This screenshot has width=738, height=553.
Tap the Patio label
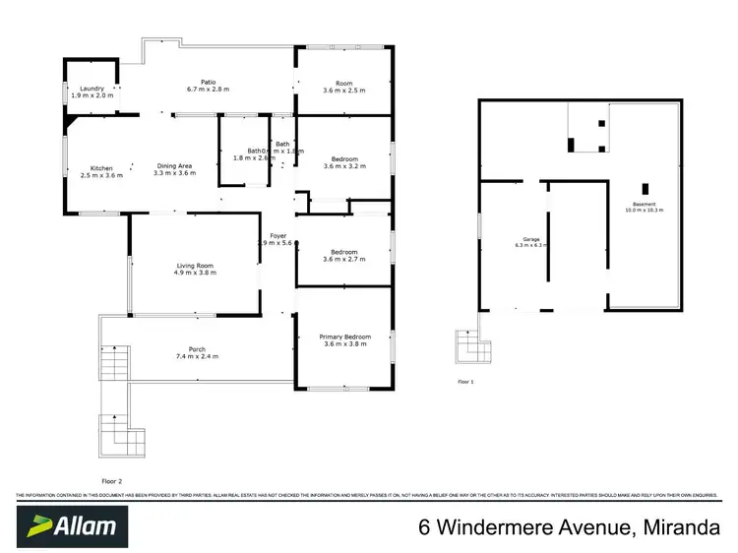pyautogui.click(x=208, y=81)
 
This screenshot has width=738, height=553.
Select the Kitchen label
pyautogui.click(x=101, y=167)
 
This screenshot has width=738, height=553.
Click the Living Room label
pyautogui.click(x=195, y=265)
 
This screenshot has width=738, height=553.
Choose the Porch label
pyautogui.click(x=197, y=349)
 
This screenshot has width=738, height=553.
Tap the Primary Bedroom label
pyautogui.click(x=343, y=337)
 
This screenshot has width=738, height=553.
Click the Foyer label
pyautogui.click(x=278, y=236)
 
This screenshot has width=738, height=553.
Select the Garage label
pyautogui.click(x=531, y=239)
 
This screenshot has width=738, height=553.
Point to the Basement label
pyautogui.click(x=645, y=204)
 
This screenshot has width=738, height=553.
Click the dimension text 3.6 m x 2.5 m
pyautogui.click(x=343, y=91)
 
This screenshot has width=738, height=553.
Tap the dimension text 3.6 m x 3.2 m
pyautogui.click(x=343, y=166)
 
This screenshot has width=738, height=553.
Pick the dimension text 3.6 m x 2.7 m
pyautogui.click(x=343, y=261)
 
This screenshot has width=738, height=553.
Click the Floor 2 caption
pyautogui.click(x=111, y=453)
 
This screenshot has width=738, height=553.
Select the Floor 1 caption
pyautogui.click(x=465, y=380)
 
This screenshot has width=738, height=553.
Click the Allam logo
pyautogui.click(x=70, y=524)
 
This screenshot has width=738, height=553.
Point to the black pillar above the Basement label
pyautogui.click(x=646, y=188)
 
